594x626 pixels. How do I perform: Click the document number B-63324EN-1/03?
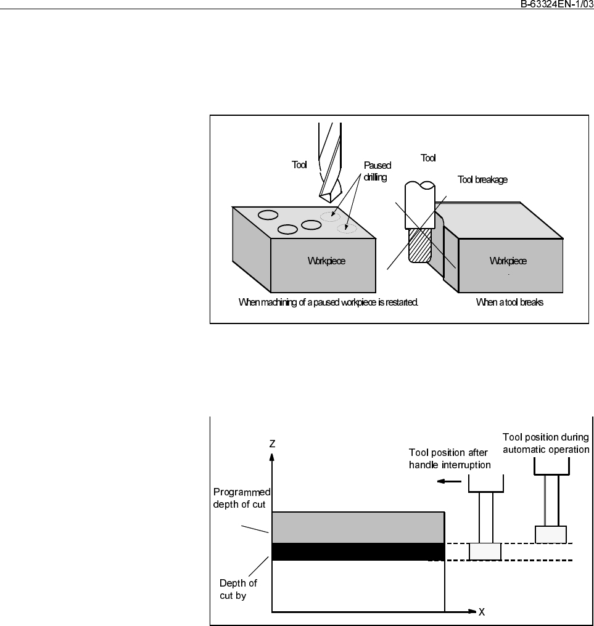tap(552, 4)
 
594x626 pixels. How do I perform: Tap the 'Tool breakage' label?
tap(482, 180)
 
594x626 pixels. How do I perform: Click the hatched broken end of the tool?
tap(418, 245)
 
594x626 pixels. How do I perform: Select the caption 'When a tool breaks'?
tap(509, 303)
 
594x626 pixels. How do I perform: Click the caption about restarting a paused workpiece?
tap(328, 303)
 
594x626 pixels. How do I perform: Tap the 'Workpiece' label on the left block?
tap(326, 261)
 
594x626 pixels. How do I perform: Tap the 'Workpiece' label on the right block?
tap(508, 261)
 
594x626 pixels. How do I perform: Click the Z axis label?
tap(272, 443)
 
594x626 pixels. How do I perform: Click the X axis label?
tap(481, 612)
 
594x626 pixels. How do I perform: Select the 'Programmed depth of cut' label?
tap(242, 498)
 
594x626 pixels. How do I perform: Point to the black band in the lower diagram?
tap(358, 551)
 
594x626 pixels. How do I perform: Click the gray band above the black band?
tap(358, 527)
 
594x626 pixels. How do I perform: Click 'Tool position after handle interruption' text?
tap(449, 458)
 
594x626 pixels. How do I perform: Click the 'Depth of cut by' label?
tap(238, 590)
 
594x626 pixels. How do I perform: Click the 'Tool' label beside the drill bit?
tap(299, 165)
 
